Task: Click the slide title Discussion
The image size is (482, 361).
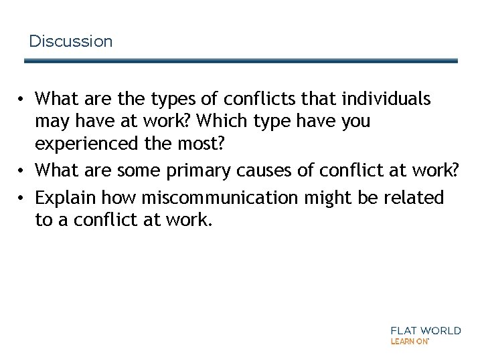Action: click(x=71, y=41)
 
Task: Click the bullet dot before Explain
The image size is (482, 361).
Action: click(x=22, y=199)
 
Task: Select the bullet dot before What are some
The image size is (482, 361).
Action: click(x=22, y=171)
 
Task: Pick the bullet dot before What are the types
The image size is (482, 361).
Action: click(x=22, y=100)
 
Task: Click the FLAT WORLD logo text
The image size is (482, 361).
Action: click(x=426, y=330)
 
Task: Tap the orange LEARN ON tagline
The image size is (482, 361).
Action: click(x=409, y=341)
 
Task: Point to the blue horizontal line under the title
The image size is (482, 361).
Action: click(x=241, y=60)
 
